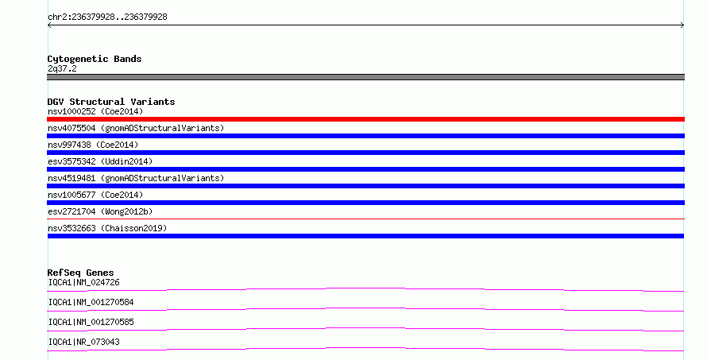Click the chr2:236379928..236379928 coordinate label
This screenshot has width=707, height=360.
click(107, 17)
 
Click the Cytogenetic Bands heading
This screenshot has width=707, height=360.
click(95, 59)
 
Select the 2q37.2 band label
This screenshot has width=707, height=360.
click(62, 68)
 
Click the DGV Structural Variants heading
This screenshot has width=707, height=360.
click(111, 102)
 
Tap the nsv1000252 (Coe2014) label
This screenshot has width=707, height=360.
click(95, 111)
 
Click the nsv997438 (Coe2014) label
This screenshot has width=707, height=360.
click(93, 145)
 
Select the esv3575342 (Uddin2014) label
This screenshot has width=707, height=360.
click(100, 161)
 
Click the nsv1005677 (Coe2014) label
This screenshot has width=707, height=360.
click(95, 195)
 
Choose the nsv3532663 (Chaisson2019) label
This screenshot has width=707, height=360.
click(107, 228)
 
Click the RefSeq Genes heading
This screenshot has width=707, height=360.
click(80, 273)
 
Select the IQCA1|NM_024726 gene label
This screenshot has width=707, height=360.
click(84, 282)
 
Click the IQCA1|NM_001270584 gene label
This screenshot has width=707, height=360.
click(91, 302)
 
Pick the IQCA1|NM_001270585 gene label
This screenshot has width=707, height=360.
click(91, 322)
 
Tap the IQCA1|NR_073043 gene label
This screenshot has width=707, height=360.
click(84, 342)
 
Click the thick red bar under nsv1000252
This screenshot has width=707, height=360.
click(365, 119)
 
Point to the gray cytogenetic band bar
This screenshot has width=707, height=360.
click(365, 77)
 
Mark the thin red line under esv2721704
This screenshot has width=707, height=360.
click(365, 219)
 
